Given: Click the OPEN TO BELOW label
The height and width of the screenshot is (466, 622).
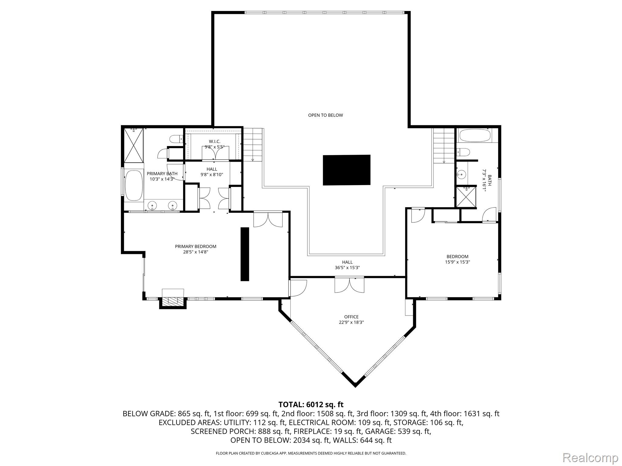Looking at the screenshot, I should pos(325,115).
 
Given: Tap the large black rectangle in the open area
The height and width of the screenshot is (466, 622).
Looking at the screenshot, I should pos(347,170).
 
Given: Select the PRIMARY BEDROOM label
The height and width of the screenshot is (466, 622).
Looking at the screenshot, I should pos(196,246).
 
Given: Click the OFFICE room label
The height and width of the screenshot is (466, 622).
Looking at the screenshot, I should pos(351,317).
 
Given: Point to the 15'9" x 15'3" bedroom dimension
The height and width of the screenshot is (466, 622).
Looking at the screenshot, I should pos(457,262).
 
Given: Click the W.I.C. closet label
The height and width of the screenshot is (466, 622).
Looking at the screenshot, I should pos(214,142).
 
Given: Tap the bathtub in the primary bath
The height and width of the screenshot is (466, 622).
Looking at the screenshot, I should pos(134,185).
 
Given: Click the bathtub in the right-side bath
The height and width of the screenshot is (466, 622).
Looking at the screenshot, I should pos(475,135).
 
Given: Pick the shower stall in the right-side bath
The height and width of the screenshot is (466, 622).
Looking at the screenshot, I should pos(466,197).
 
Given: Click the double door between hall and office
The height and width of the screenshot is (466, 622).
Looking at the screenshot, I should pos(349,285).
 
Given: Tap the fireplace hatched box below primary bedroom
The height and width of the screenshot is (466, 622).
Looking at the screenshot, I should pos(173,301).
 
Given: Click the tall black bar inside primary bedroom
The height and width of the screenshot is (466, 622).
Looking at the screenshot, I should pos(245,254).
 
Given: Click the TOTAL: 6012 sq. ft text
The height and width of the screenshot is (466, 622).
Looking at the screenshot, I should pos(311,404).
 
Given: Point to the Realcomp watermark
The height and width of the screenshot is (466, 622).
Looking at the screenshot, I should pos(590,458).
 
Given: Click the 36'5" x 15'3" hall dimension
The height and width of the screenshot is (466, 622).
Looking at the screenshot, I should pos(347,268).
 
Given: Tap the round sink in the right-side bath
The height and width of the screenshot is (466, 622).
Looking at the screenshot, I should pos(461,174).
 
